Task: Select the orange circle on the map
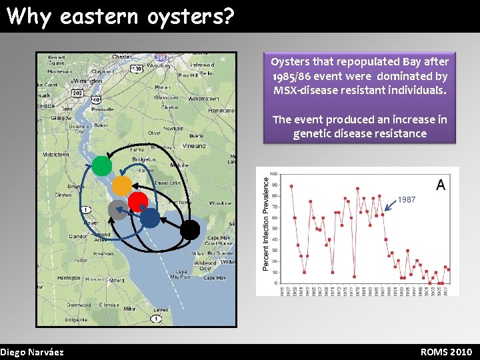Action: (x=121, y=185)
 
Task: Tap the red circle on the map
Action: (x=138, y=201)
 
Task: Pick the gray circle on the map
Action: (x=117, y=210)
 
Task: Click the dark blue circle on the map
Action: (x=150, y=217)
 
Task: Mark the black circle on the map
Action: (x=190, y=230)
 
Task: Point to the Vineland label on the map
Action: (x=193, y=145)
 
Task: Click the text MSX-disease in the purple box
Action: (x=303, y=90)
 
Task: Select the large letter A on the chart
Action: (x=441, y=185)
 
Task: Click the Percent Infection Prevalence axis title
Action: (x=265, y=223)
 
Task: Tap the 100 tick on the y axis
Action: (x=273, y=174)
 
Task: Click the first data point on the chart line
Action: (x=291, y=186)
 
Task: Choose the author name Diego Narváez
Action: (x=32, y=352)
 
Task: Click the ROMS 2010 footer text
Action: (x=446, y=352)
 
